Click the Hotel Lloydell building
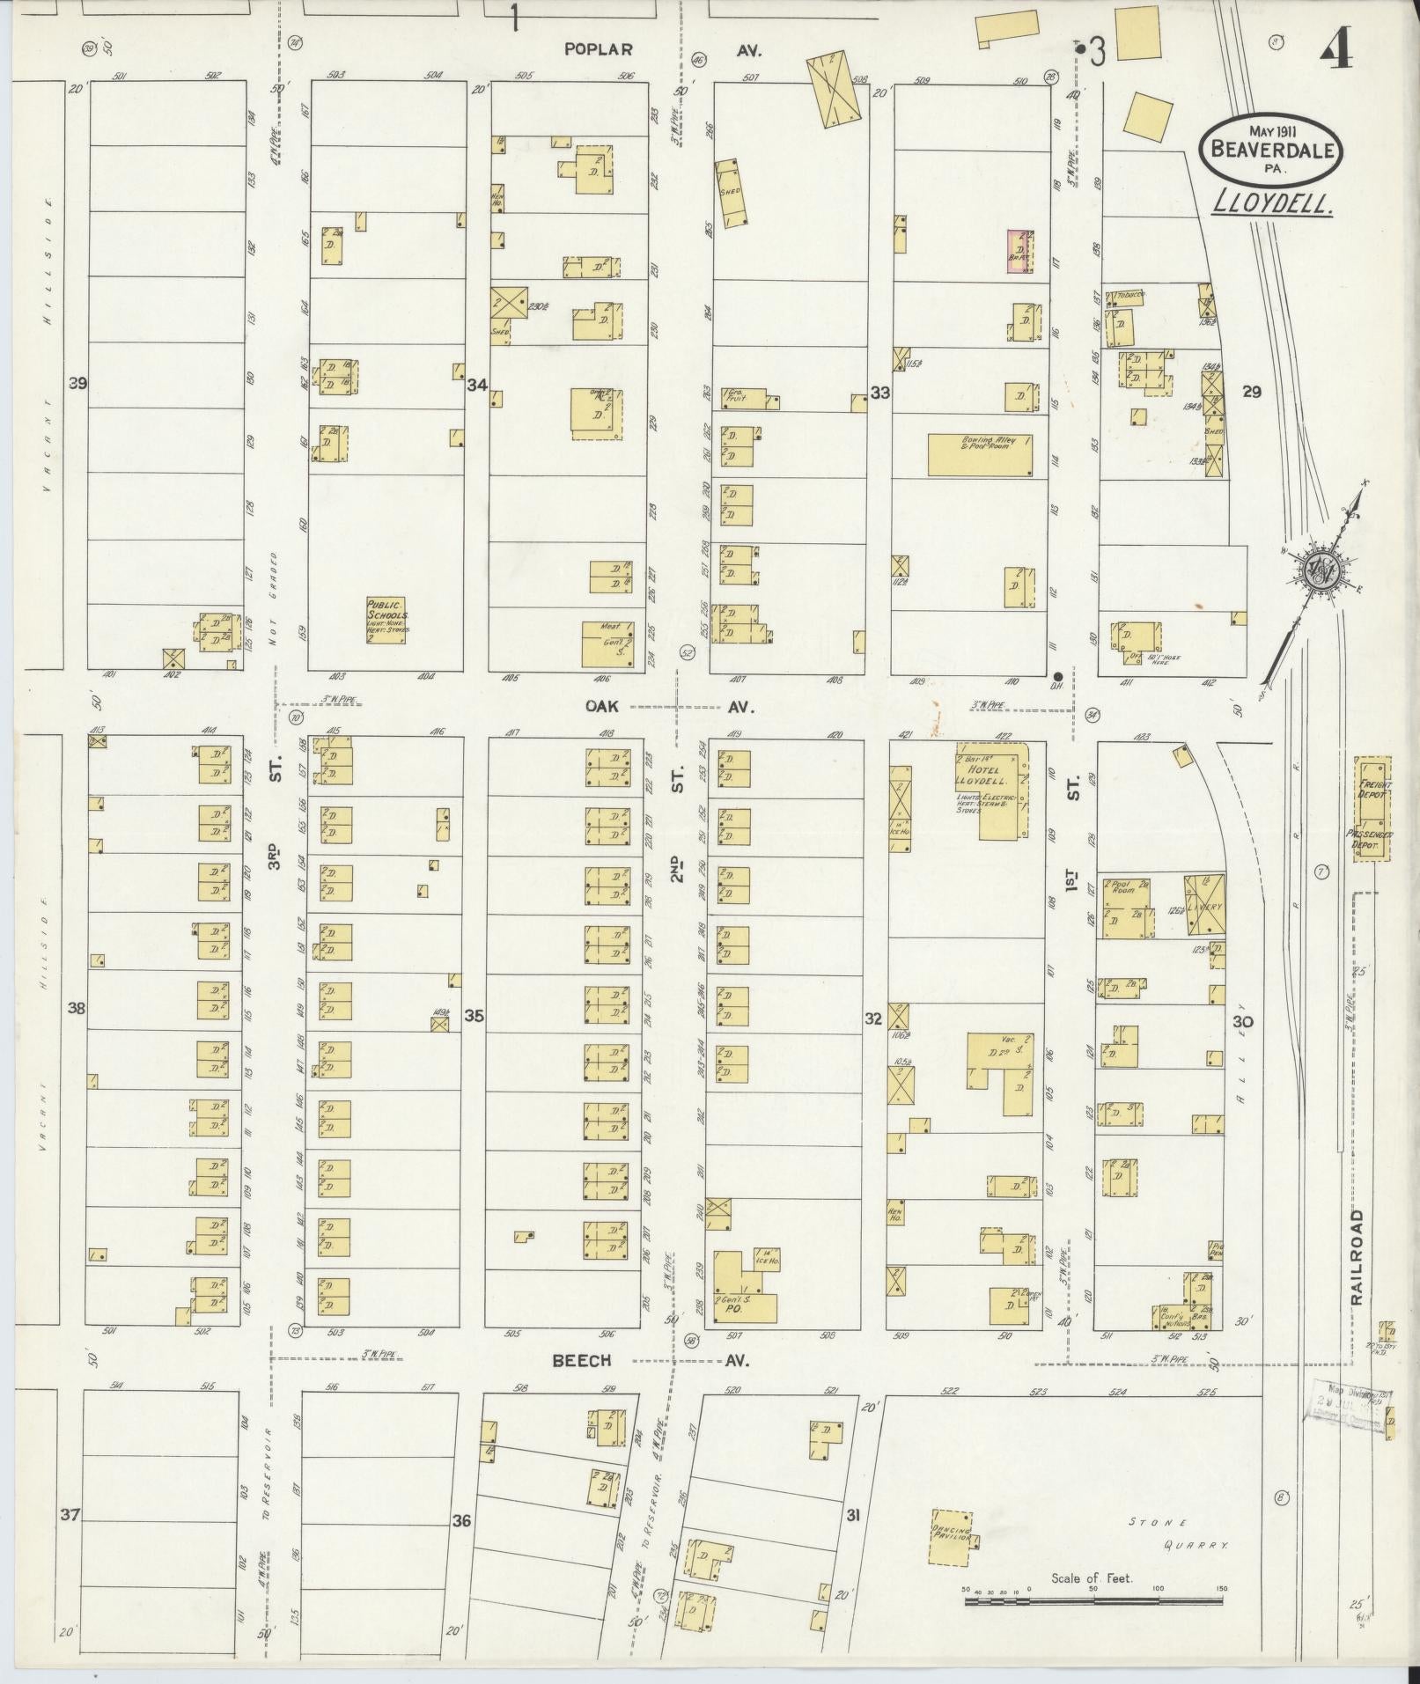[x=1002, y=790]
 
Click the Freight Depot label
[x=1374, y=787]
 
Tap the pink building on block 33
[x=1019, y=252]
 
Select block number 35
[x=474, y=1017]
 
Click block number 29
[x=1251, y=392]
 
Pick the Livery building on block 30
[x=1203, y=904]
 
